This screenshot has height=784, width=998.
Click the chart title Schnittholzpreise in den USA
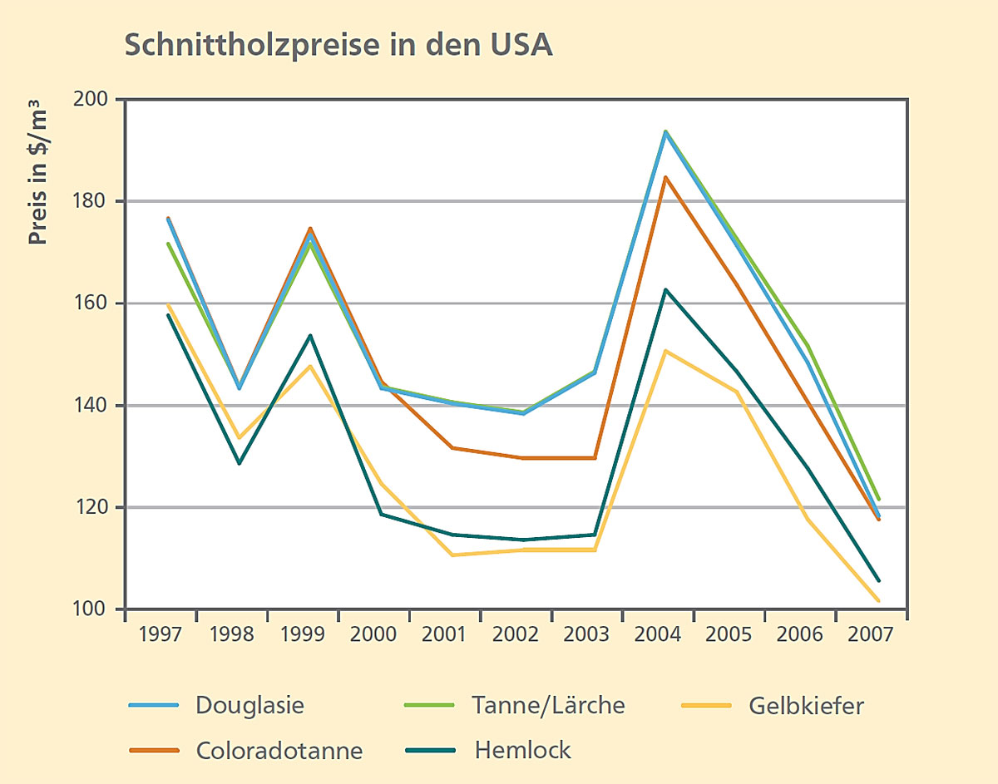pyautogui.click(x=338, y=46)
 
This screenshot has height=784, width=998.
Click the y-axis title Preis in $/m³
pyautogui.click(x=37, y=172)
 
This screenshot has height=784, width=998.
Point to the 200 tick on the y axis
pyautogui.click(x=95, y=100)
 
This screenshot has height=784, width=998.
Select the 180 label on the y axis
pyautogui.click(x=95, y=202)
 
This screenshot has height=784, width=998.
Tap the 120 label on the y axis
pyautogui.click(x=95, y=508)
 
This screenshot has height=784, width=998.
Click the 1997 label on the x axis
pyautogui.click(x=161, y=634)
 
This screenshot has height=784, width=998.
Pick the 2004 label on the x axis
pyautogui.click(x=657, y=634)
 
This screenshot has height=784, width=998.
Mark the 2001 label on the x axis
pyautogui.click(x=444, y=634)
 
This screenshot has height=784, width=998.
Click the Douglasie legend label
pyautogui.click(x=249, y=706)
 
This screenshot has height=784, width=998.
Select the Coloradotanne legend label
pyautogui.click(x=279, y=751)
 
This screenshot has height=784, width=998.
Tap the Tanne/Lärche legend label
pyautogui.click(x=548, y=706)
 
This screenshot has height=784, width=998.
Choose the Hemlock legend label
pyautogui.click(x=523, y=751)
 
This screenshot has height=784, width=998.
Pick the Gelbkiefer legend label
pyautogui.click(x=806, y=707)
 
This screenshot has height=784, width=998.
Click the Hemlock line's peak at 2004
pyautogui.click(x=665, y=289)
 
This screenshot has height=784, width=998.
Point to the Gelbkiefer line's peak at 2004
pyautogui.click(x=665, y=351)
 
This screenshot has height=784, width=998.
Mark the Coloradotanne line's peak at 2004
pyautogui.click(x=665, y=177)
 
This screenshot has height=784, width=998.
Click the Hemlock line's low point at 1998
pyautogui.click(x=240, y=463)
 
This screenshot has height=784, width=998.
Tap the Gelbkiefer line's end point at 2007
pyautogui.click(x=878, y=600)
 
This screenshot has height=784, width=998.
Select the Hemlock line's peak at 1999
pyautogui.click(x=310, y=336)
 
